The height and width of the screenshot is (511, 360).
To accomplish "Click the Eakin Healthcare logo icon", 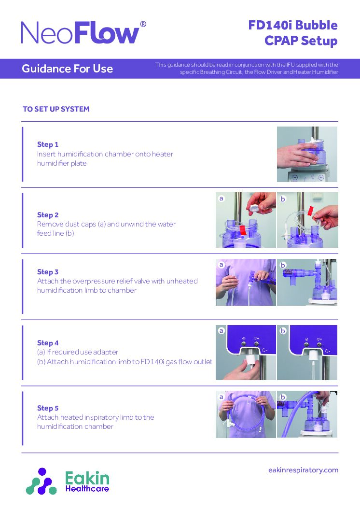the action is click(x=42, y=482).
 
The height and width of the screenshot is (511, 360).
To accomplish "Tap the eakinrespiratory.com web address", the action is click(x=304, y=470).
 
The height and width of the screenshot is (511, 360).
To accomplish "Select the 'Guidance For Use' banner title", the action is click(x=68, y=69).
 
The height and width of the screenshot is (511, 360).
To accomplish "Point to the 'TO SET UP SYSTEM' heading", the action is click(x=56, y=109).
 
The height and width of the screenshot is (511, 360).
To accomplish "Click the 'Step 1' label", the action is click(x=47, y=144).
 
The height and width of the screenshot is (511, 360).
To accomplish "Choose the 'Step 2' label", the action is click(x=48, y=215).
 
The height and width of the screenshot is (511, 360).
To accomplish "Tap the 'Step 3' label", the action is click(x=48, y=272).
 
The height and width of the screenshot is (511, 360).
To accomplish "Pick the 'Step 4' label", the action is click(x=48, y=343).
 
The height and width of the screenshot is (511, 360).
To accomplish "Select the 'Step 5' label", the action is click(x=48, y=408).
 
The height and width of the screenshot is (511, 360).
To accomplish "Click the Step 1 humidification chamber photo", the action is click(x=307, y=154).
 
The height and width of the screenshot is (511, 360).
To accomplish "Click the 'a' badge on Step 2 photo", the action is click(x=222, y=198).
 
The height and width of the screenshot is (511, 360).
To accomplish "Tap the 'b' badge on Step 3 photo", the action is click(x=283, y=265).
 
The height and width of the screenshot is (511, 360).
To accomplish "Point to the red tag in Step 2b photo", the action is click(x=310, y=211).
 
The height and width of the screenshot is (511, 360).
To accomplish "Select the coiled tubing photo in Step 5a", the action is click(x=246, y=414).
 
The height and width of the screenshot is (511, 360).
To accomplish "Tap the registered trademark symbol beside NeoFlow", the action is click(x=143, y=24).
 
